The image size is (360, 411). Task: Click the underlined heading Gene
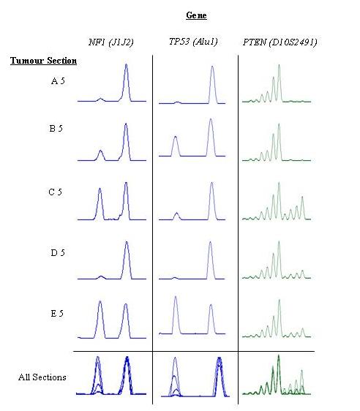(x=196, y=15)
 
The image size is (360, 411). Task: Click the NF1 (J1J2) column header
(x=111, y=42)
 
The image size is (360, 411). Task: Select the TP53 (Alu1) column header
(x=193, y=42)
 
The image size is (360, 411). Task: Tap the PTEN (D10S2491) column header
(x=280, y=42)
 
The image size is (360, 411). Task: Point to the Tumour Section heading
(x=43, y=61)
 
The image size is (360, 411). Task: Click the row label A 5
(x=58, y=80)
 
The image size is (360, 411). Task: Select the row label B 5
(x=56, y=128)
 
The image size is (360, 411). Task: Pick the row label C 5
(x=55, y=192)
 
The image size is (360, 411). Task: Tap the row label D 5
(x=58, y=252)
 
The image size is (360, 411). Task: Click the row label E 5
(x=57, y=313)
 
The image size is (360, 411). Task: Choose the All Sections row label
(x=42, y=377)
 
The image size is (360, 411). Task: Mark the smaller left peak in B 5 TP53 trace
(x=176, y=137)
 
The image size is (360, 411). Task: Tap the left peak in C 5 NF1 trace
(x=100, y=189)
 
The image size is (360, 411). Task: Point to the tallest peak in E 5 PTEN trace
(x=280, y=300)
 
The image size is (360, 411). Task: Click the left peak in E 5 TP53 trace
(x=176, y=297)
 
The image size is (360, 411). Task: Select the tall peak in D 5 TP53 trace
(x=210, y=242)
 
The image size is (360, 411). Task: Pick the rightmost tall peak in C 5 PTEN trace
(x=302, y=197)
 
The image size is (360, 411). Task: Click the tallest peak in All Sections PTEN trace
(x=279, y=355)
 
